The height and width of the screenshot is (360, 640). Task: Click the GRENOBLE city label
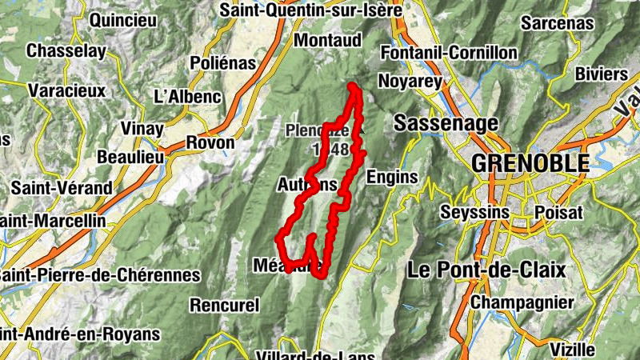click(x=530, y=163)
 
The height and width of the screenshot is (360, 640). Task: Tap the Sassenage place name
click(x=446, y=123)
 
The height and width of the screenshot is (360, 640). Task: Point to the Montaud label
click(x=328, y=39)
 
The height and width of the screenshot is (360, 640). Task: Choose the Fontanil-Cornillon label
click(x=450, y=53)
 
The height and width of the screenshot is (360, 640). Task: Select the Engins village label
click(x=392, y=176)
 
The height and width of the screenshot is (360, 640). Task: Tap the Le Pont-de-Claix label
click(x=486, y=270)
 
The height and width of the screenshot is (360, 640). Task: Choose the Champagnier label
click(x=522, y=302)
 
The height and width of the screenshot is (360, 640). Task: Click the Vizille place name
click(x=573, y=350)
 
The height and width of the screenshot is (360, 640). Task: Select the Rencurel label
click(x=225, y=305)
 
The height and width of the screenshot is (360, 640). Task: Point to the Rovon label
click(x=210, y=143)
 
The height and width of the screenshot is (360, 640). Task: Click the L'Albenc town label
click(x=186, y=97)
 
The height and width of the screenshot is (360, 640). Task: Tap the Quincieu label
click(x=124, y=21)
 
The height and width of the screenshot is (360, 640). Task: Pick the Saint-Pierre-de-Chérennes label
click(x=100, y=274)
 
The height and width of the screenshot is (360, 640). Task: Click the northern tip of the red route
click(x=352, y=86)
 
